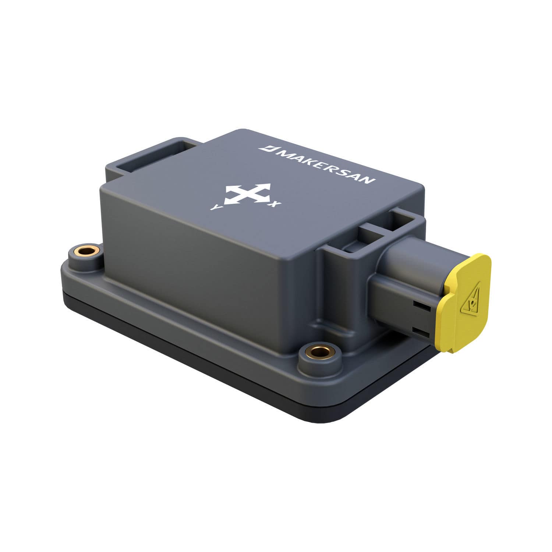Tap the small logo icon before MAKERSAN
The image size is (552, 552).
point(264,148)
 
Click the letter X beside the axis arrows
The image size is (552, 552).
point(273,203)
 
